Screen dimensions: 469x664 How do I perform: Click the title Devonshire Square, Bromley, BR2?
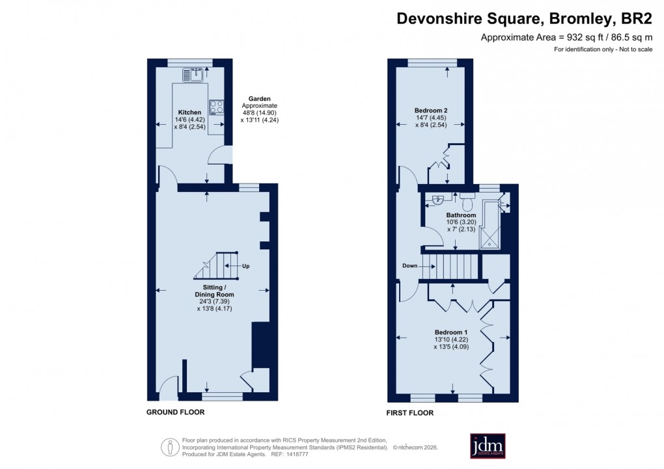coord(525,19)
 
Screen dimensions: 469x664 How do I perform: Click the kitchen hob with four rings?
coord(216,107)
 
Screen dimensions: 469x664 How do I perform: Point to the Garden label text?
coord(259,99)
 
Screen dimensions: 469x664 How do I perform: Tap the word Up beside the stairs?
coord(245,266)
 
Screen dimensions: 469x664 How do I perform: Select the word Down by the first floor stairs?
coord(409,265)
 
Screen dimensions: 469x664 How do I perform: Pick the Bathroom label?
coord(461,215)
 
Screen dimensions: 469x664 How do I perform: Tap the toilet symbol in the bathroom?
coord(467,196)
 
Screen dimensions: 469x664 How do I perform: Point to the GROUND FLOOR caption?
coord(175,412)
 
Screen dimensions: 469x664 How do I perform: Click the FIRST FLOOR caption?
coord(410,412)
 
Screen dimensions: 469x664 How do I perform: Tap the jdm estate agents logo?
coord(488,446)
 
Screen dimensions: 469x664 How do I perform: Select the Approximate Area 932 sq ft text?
coord(566,38)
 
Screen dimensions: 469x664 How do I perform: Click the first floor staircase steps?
coord(450,266)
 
